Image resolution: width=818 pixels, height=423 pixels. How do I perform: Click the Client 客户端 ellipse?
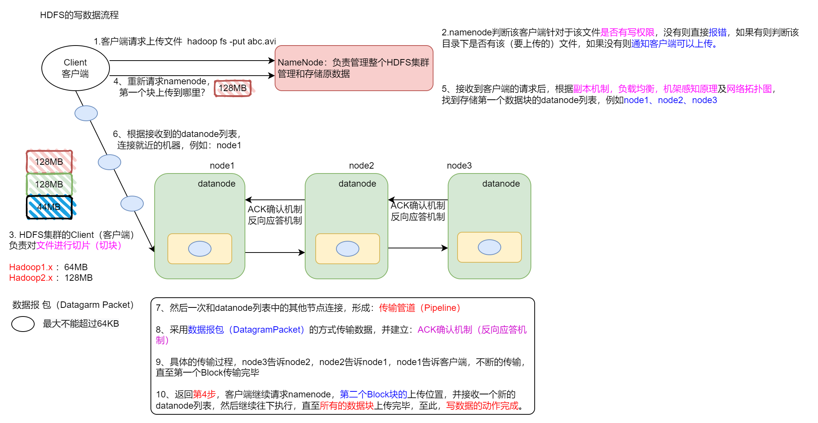[x=75, y=68]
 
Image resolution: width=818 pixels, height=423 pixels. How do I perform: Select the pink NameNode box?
[x=354, y=68]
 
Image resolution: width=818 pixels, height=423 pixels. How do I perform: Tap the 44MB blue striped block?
[x=49, y=207]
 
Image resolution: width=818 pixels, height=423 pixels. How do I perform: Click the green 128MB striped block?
[x=49, y=184]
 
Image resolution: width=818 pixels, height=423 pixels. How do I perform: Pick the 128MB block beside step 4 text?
[x=233, y=88]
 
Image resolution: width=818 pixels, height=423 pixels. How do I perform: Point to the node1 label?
[x=222, y=166]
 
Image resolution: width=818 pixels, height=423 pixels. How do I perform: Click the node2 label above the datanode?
[x=361, y=166]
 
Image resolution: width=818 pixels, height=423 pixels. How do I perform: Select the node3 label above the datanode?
[x=459, y=166]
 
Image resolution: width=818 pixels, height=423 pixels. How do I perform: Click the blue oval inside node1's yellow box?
[x=200, y=249]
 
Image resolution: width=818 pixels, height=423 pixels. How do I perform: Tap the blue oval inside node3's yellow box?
[x=489, y=247]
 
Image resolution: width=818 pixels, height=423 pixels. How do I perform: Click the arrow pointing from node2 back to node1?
[x=275, y=200]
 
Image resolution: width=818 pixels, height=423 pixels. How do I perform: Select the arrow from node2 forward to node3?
[x=418, y=248]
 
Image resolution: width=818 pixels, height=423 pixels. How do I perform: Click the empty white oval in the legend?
[x=23, y=324]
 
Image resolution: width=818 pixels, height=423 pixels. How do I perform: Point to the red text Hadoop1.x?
[x=31, y=267]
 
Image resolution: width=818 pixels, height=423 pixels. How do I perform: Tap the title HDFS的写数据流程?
[x=79, y=15]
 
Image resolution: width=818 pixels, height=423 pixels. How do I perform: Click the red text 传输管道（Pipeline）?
[x=420, y=308]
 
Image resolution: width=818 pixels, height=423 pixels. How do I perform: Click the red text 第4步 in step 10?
[x=204, y=394]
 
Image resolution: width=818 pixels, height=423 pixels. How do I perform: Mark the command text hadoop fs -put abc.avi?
[x=231, y=41]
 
